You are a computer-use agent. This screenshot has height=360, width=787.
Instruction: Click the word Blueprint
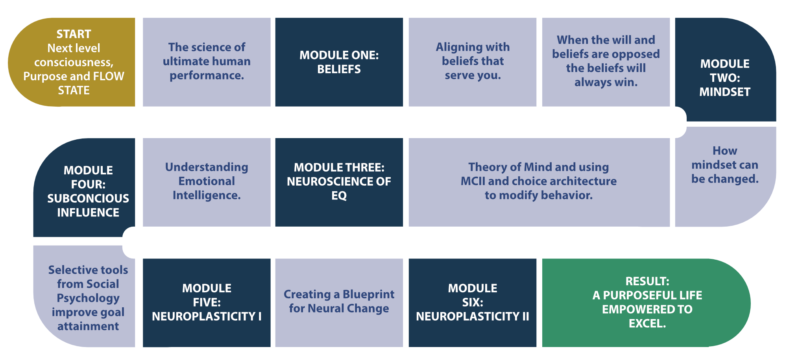(368, 294)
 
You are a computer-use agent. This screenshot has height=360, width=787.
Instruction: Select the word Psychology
(88, 298)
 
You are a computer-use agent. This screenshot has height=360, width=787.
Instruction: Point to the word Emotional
(207, 181)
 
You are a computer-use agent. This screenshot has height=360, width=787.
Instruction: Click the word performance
(207, 76)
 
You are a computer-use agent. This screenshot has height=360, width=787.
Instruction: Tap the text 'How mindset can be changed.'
(725, 165)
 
